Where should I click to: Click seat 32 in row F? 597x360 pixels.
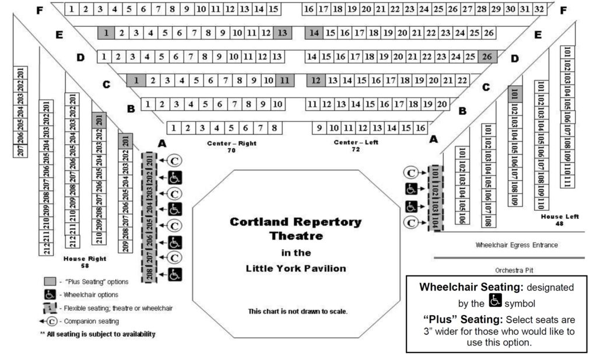point(539,9)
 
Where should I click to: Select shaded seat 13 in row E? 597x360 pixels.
point(282,33)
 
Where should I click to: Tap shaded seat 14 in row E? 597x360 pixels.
point(314,33)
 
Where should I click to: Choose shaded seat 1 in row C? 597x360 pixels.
point(136,80)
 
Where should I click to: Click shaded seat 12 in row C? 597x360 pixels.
point(316,80)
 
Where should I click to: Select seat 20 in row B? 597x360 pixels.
point(443,104)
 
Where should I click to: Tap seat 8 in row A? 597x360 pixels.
point(273,127)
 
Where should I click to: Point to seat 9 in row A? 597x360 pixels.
point(319,127)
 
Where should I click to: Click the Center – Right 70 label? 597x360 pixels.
point(231,146)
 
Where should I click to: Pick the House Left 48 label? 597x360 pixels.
point(560,220)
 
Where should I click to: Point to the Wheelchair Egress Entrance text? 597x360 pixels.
point(517,245)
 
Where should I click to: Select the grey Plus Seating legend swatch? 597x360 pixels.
point(50,282)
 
